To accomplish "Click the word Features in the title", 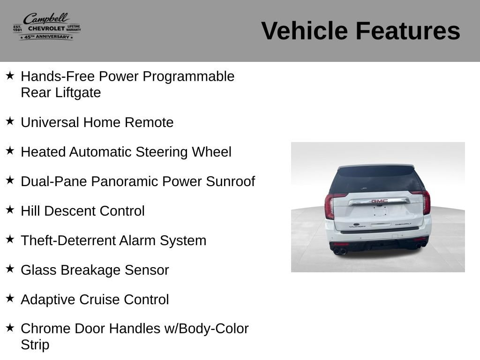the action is tap(408, 31).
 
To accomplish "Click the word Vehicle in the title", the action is tap(305, 31).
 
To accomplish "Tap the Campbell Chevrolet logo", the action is tap(46, 27).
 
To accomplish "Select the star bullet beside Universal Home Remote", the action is tap(10, 121).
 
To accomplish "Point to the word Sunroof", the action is tap(231, 181).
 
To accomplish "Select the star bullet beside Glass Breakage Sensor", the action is tap(10, 269).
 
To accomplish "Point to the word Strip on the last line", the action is tap(35, 345).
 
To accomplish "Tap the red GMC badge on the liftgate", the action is tap(380, 201).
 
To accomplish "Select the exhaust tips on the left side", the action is tap(340, 252).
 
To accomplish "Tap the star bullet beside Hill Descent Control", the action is tap(10, 210).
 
